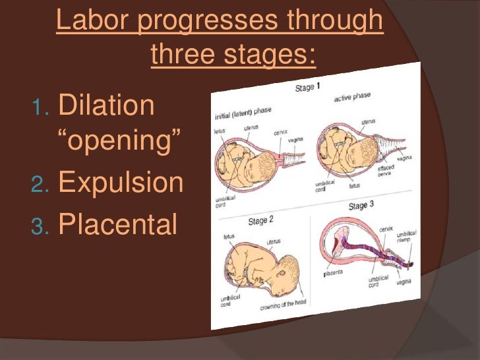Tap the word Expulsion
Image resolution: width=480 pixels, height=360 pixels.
click(x=121, y=183)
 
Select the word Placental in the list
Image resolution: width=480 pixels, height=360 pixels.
click(x=118, y=224)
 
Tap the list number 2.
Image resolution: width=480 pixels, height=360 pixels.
click(x=42, y=185)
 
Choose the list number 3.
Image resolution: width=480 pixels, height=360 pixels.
click(x=42, y=225)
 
